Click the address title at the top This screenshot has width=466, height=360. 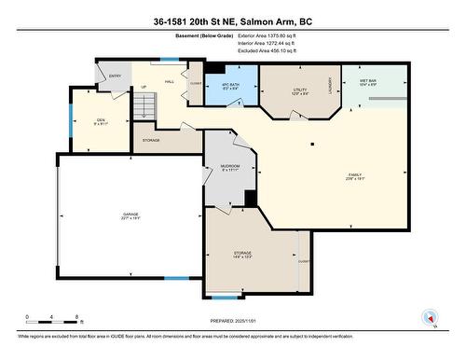[x=233, y=20]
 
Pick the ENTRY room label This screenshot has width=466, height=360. [x=116, y=76]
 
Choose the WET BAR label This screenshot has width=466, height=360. [x=367, y=83]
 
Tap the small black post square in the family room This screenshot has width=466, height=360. [x=312, y=143]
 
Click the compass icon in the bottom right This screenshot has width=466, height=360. [x=430, y=316]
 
